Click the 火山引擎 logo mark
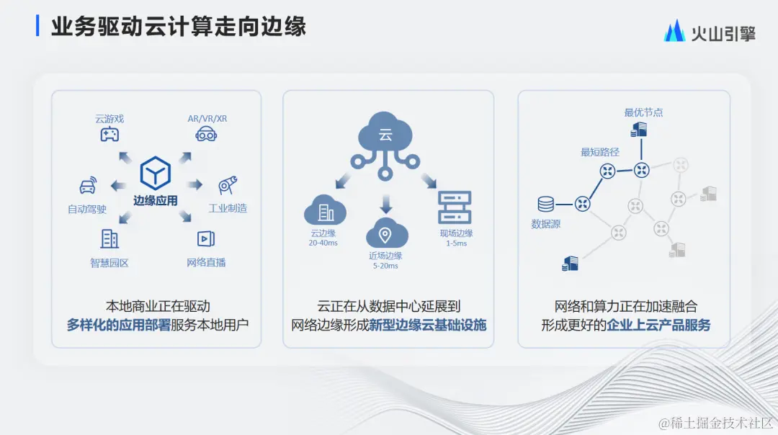(x=674, y=30)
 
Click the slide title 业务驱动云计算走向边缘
(x=179, y=27)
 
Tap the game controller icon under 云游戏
(x=109, y=134)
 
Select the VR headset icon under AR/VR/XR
(x=207, y=134)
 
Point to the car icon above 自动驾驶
(x=87, y=187)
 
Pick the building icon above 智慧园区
(x=109, y=238)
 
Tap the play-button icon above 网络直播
(x=206, y=238)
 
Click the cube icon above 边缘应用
(x=155, y=174)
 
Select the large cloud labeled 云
(x=385, y=133)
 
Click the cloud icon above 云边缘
(x=325, y=211)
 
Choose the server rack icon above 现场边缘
(x=455, y=207)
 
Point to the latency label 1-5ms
(x=456, y=243)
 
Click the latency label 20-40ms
(x=323, y=243)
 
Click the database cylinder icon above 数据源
(x=545, y=205)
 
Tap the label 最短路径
(x=600, y=152)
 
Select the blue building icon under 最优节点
(x=639, y=130)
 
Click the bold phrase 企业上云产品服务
(x=658, y=325)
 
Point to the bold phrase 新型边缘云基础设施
(x=428, y=325)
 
